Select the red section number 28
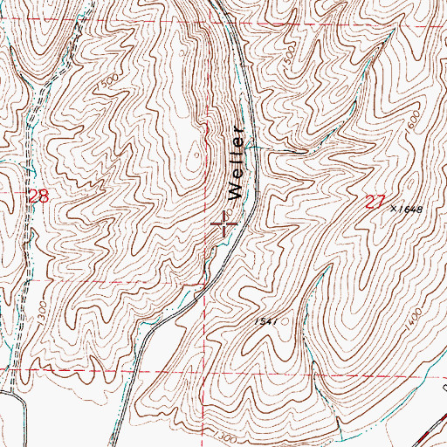click(x=38, y=197)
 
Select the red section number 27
click(x=375, y=203)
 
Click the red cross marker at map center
click(x=225, y=227)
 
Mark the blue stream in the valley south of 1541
click(x=320, y=393)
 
